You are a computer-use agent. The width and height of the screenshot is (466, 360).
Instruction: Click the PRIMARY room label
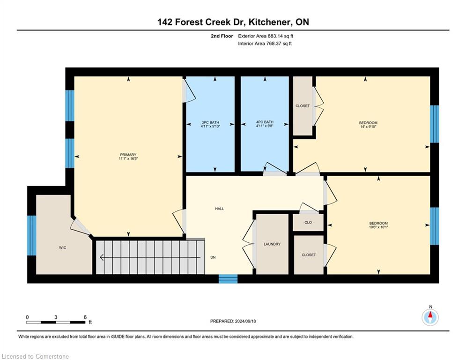click(128, 155)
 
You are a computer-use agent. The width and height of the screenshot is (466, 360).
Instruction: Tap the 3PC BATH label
click(210, 122)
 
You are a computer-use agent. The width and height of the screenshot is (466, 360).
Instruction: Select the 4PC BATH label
click(265, 122)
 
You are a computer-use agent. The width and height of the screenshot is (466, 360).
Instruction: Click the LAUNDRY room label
click(272, 244)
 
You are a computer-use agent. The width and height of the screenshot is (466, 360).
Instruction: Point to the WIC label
click(62, 247)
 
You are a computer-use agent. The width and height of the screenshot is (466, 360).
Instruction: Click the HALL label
click(220, 209)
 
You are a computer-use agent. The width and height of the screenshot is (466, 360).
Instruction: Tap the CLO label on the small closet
click(308, 222)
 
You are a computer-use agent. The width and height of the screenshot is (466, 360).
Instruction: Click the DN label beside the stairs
click(213, 257)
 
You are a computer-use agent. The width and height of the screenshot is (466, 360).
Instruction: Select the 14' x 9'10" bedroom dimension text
click(368, 127)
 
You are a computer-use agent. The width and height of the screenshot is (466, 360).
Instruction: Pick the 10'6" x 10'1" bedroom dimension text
click(378, 227)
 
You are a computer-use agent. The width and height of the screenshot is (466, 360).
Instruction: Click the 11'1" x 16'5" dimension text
click(128, 158)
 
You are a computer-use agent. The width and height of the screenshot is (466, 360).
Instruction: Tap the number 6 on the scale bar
click(85, 317)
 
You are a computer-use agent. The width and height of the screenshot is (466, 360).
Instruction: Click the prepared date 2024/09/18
click(245, 321)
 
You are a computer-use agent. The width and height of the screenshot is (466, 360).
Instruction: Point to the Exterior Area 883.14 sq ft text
click(266, 36)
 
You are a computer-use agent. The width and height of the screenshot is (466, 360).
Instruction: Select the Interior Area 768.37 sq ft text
click(265, 44)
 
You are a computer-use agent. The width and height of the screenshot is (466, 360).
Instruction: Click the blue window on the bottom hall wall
click(228, 279)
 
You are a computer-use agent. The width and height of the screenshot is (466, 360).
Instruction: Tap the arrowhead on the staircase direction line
click(102, 257)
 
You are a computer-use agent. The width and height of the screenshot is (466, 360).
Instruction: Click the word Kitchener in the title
click(269, 22)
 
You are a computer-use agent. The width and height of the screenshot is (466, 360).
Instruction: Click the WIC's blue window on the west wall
click(32, 235)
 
